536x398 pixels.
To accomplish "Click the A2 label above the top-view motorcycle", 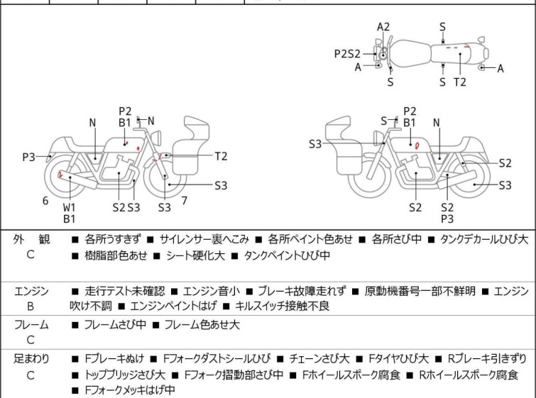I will [x=383, y=27].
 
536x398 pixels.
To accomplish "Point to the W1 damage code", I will [x=69, y=207].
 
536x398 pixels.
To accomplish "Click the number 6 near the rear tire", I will [x=45, y=201].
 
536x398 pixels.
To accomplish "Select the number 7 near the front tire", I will [x=184, y=200].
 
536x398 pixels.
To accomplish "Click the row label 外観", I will [x=31, y=240].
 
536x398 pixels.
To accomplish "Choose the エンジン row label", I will [x=31, y=291].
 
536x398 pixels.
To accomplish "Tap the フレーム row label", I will [x=31, y=325].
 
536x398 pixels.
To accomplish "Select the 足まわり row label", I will [x=31, y=359].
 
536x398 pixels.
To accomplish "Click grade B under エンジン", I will [x=31, y=306].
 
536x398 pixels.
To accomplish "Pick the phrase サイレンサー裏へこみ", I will [x=201, y=240].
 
